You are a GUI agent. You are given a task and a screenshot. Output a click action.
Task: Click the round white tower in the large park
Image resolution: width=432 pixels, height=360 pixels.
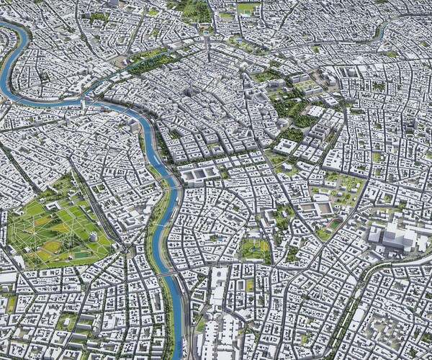coord(92,236)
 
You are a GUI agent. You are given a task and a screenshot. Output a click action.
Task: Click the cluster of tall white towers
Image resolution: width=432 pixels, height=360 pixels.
coord(392,237)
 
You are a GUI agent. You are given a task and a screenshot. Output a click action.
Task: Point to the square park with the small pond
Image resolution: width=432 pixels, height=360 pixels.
coord(255,249)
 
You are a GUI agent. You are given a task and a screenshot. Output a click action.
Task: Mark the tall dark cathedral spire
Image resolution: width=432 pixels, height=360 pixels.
coord(189,92)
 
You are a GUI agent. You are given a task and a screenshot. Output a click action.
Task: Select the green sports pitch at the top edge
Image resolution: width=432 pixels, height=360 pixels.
coord(247,8)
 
